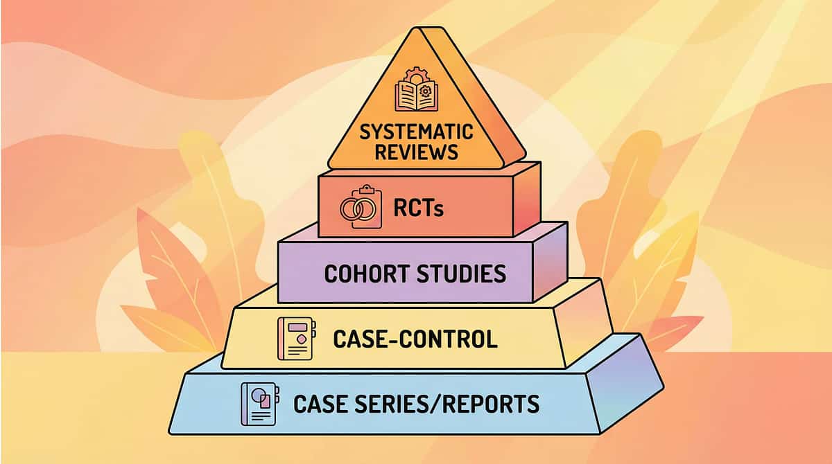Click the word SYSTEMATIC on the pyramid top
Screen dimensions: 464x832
pos(416,132)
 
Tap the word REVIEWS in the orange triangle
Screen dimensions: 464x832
pos(416,152)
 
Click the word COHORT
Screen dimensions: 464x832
pos(366,274)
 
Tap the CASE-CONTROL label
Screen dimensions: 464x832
pos(415,339)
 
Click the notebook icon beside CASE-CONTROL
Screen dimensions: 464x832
pos(293,339)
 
